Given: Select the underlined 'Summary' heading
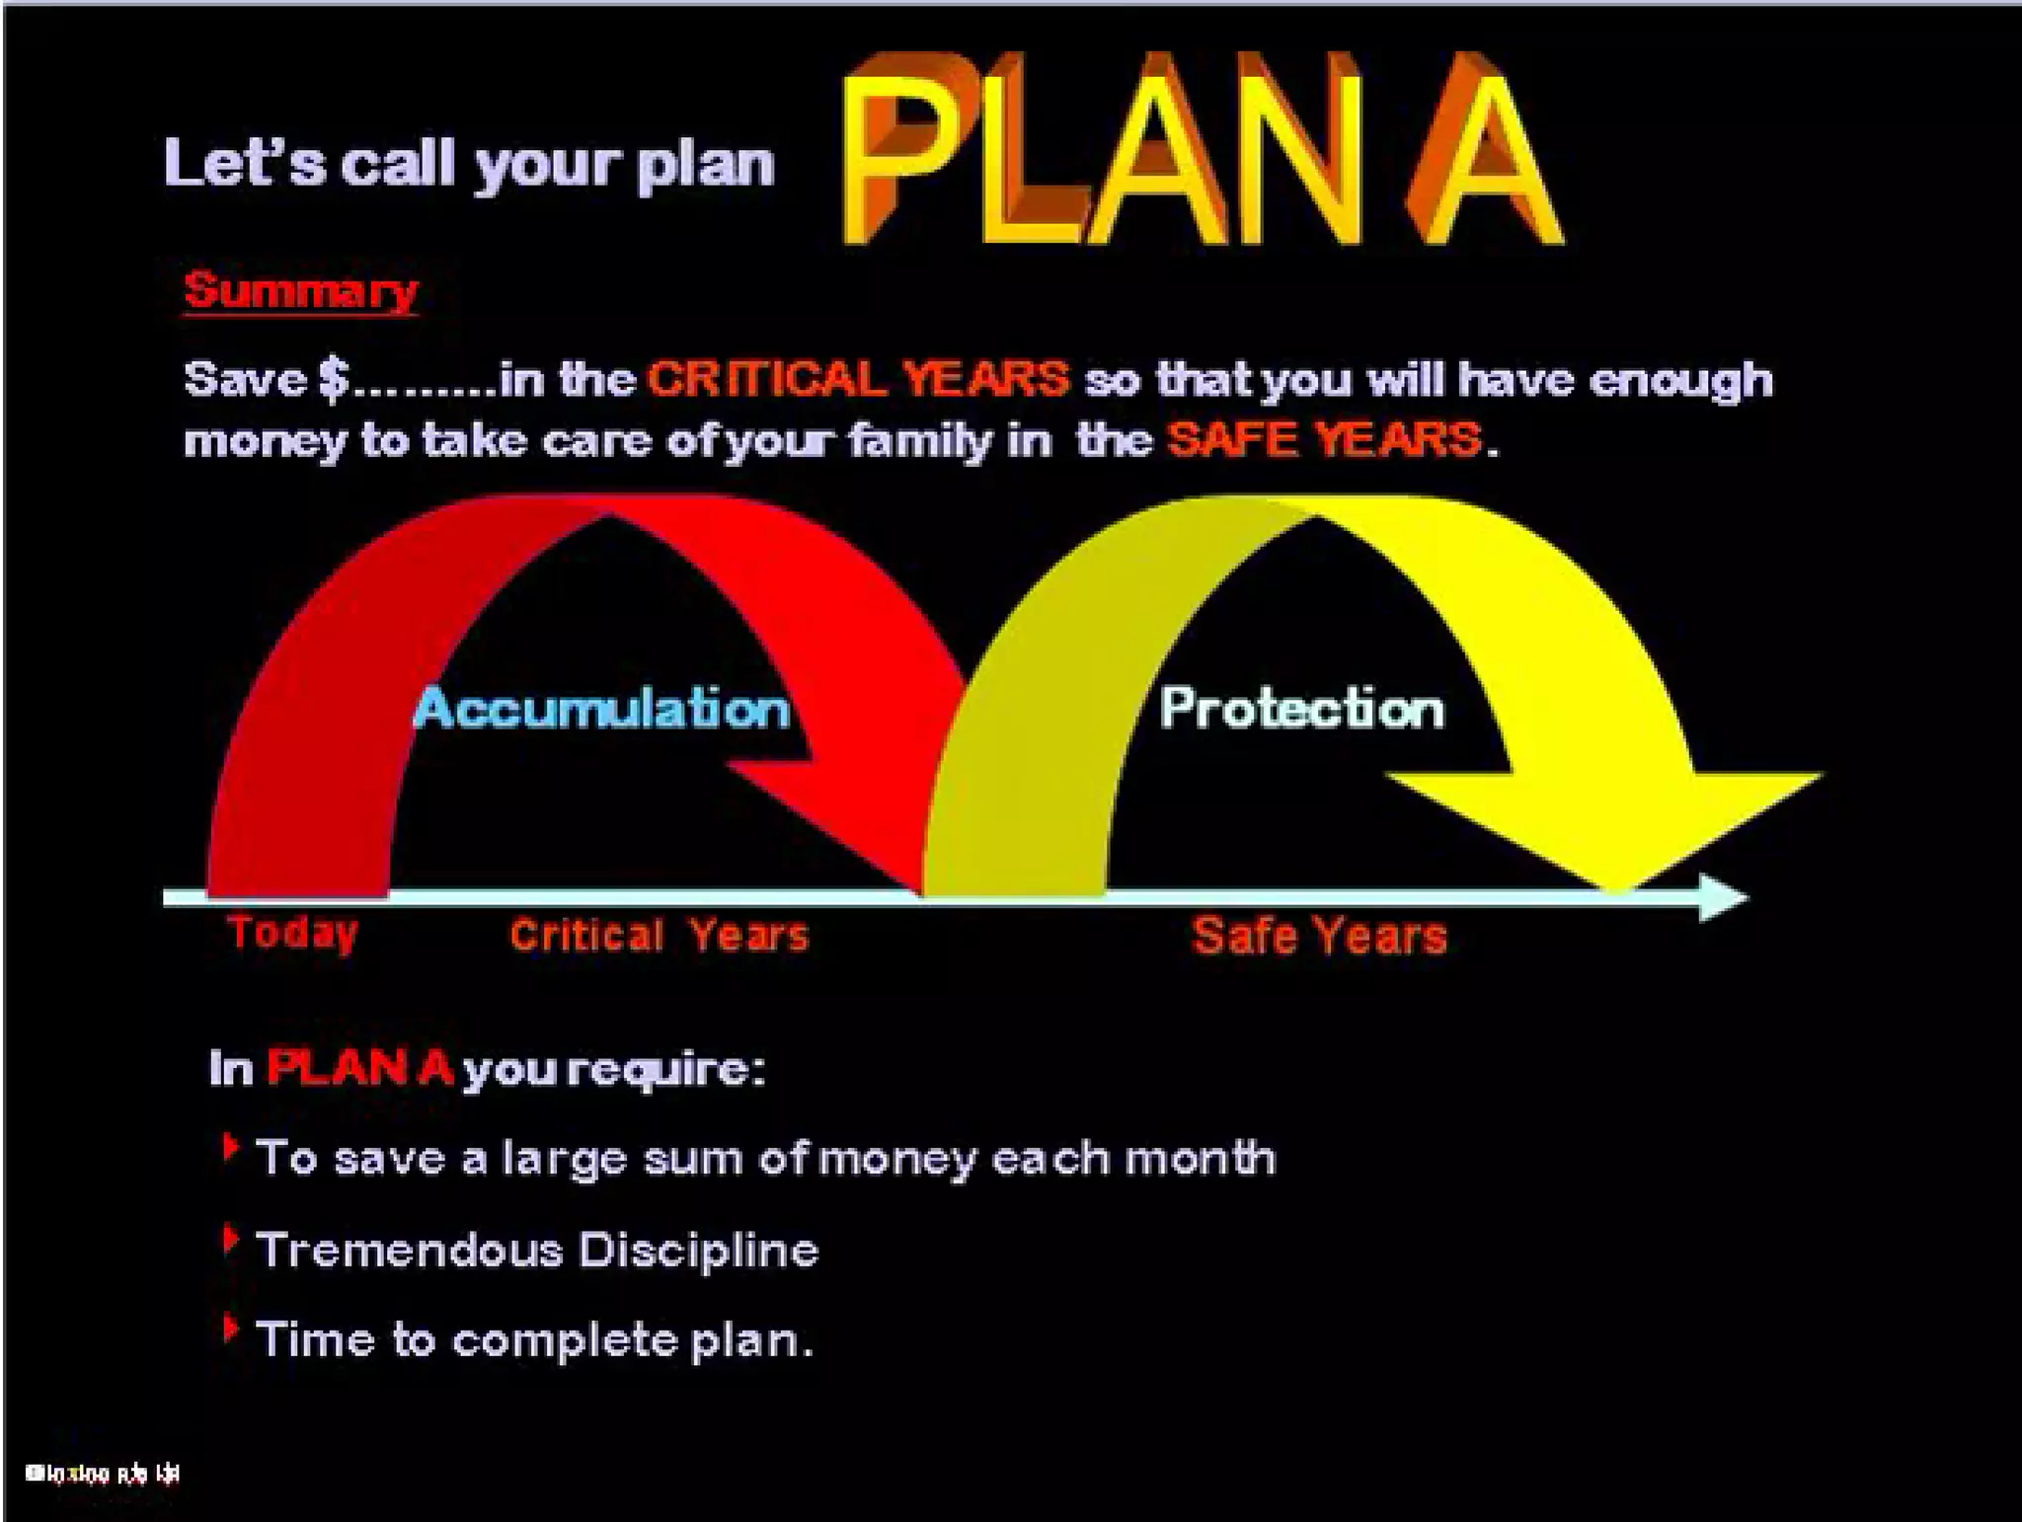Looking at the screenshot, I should [300, 291].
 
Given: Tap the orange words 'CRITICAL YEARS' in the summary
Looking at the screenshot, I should [857, 379].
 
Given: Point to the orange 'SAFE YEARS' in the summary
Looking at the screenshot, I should [1323, 439].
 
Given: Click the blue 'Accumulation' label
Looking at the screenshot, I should [602, 709].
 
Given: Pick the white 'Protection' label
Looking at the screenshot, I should [1301, 709].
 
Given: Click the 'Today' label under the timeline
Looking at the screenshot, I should [292, 933].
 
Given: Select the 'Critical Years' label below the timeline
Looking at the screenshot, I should [659, 935].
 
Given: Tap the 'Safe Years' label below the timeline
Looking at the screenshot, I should [1319, 936].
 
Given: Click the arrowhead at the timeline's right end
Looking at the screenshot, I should [1723, 897].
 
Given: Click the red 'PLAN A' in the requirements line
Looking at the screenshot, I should [359, 1068].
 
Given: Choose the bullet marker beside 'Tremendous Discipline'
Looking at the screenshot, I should [230, 1240].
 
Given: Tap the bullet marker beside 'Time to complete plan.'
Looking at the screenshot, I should [230, 1329].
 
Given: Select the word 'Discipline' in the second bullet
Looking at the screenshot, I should [698, 1251].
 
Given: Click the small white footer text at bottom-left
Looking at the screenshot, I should [103, 1475].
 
